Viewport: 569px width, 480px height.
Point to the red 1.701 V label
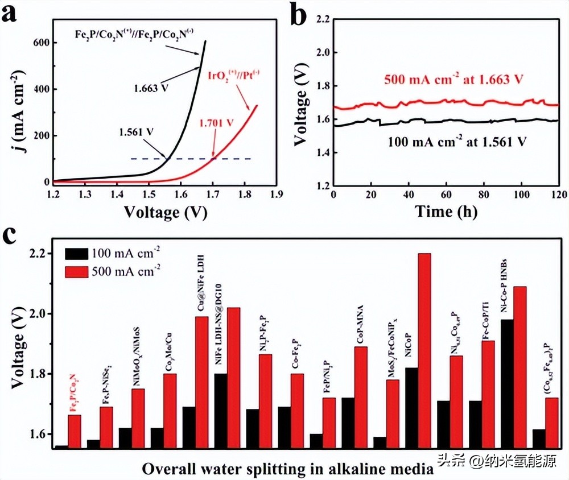point(217,122)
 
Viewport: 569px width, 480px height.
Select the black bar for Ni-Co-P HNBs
point(507,384)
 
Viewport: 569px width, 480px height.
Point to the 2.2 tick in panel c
point(42,254)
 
